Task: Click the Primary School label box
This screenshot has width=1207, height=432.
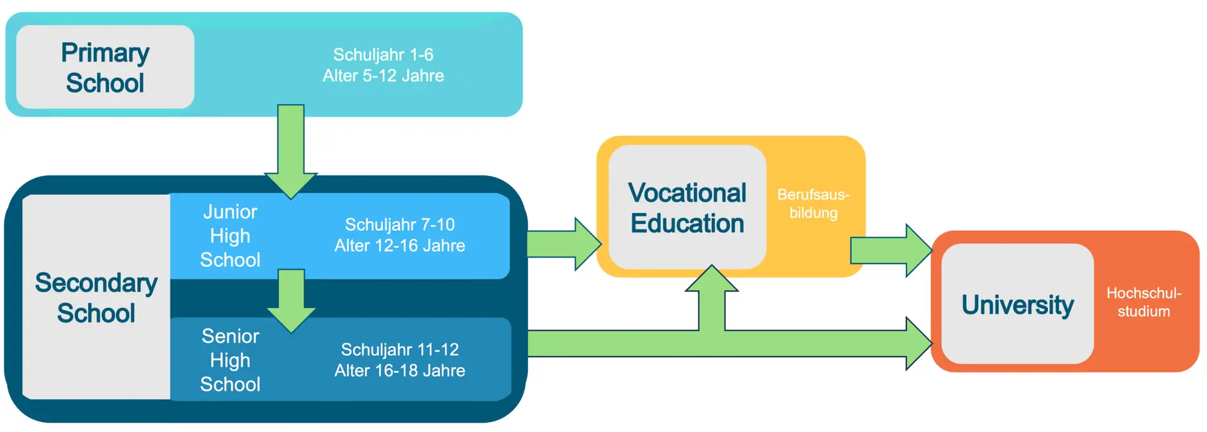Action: coord(105,67)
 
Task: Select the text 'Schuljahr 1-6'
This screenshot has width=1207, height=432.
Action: coord(383,55)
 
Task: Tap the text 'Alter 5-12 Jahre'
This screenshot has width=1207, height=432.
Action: coord(383,75)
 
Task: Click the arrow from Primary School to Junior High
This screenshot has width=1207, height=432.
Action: coord(291,152)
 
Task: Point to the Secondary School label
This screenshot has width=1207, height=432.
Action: coord(96,297)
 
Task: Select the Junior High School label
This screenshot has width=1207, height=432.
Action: coord(230,236)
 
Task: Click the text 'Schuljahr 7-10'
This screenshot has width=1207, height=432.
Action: coord(400,224)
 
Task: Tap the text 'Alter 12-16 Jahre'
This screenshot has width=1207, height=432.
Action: coord(400,245)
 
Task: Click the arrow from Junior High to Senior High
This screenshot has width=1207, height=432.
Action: coord(291,301)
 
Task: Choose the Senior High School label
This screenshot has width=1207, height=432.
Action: coord(230,360)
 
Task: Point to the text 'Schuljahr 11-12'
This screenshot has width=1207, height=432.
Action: coord(400,349)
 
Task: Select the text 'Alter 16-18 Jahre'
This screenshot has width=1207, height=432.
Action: coord(400,370)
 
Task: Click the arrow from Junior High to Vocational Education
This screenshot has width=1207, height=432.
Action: coord(564,244)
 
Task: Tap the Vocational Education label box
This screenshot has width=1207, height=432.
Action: coord(687,208)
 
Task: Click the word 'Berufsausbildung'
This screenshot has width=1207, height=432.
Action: coord(813,203)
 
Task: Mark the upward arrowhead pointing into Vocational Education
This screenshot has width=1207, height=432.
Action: coord(712,278)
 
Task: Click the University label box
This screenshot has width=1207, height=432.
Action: coord(1018,304)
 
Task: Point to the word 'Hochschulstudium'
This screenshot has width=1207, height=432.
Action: coord(1144,302)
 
